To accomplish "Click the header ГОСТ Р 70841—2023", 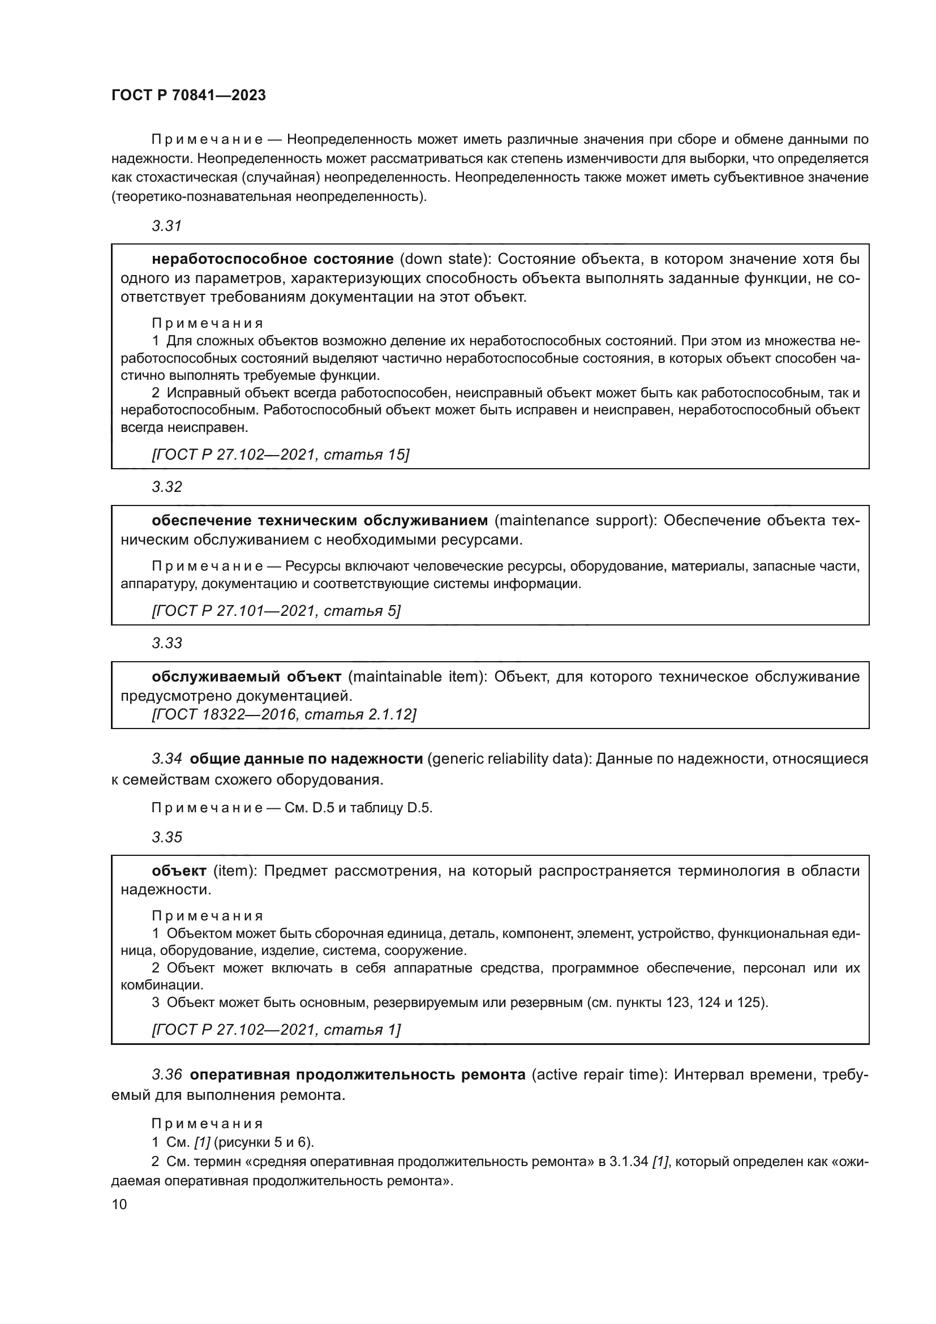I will tap(188, 96).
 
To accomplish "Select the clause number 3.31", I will tap(166, 226).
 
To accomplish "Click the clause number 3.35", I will tap(166, 837).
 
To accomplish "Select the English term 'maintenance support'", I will tap(574, 520).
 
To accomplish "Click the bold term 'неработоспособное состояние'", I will tap(273, 259).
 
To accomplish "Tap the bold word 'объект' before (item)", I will tap(179, 870).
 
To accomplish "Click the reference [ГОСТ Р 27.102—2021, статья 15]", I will tap(280, 455).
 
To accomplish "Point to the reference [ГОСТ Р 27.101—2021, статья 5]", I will tap(276, 610).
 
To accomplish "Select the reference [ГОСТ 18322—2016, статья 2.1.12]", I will tap(284, 714).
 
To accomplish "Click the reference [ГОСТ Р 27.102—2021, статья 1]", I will tap(276, 1029).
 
